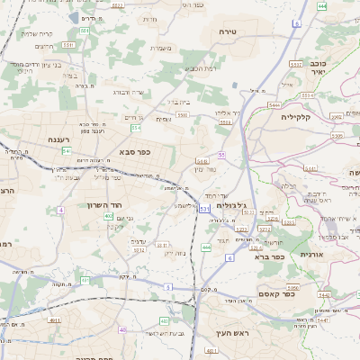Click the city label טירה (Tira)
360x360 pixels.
click(227, 31)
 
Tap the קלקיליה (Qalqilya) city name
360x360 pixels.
click(296, 117)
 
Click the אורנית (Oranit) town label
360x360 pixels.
click(313, 255)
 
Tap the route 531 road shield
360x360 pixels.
click(204, 209)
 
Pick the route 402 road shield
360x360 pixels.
click(108, 216)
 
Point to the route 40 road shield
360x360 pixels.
click(123, 329)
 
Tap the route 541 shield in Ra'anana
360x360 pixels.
click(67, 151)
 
